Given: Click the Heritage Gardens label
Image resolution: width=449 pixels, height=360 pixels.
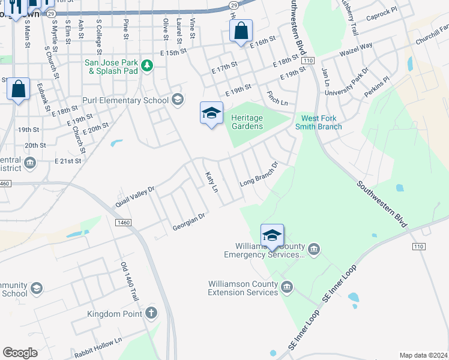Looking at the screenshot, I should [247, 122].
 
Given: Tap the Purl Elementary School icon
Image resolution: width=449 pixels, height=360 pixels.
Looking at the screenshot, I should [176, 100].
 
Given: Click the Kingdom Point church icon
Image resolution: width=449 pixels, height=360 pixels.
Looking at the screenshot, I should [151, 313].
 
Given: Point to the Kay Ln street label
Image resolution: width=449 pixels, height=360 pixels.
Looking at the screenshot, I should [211, 183].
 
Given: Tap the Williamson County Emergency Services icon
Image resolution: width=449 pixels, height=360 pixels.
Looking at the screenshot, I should [314, 250].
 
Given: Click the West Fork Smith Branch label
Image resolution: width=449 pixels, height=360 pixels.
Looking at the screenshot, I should [322, 122].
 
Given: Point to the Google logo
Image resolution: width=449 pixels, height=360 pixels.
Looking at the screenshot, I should [20, 353].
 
